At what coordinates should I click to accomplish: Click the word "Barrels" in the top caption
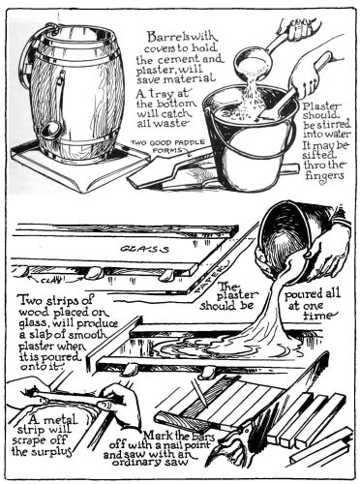point(161,36)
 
